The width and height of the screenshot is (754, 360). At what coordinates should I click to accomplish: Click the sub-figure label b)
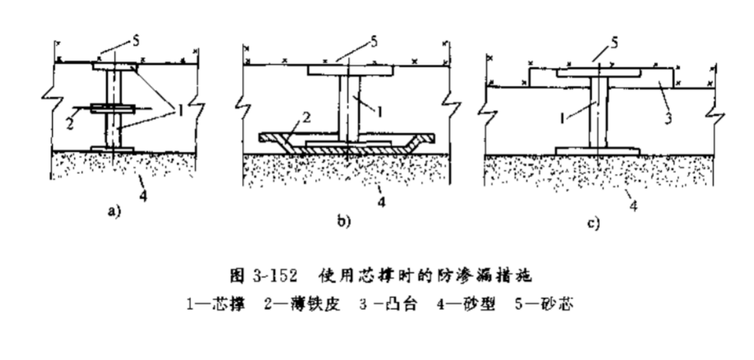pos(342,220)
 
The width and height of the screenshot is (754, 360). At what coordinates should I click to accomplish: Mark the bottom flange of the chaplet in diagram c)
pos(597,151)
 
